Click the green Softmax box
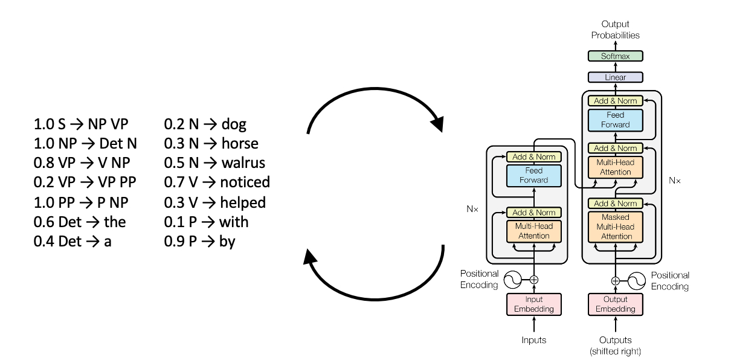coord(616,56)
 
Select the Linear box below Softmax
coord(616,77)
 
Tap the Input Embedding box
coord(533,304)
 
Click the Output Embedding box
coord(616,304)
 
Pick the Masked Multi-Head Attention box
coord(616,227)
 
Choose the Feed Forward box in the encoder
coord(533,175)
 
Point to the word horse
coord(240,144)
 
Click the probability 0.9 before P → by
coord(173,242)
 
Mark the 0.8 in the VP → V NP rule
coord(43,163)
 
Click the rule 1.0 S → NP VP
coord(81,125)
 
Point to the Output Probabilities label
coord(616,30)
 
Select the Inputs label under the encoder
coord(533,340)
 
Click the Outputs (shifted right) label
coord(616,345)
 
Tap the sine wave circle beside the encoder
coord(512,280)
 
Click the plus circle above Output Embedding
coord(616,280)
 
